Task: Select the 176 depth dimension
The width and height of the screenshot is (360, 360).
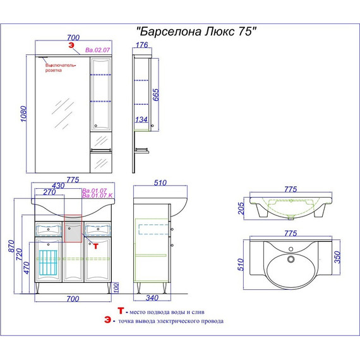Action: click(141, 45)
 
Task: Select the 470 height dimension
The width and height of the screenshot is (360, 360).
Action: click(25, 268)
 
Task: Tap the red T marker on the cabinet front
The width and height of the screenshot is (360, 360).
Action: click(95, 246)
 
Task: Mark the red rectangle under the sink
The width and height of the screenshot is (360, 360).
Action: click(73, 228)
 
